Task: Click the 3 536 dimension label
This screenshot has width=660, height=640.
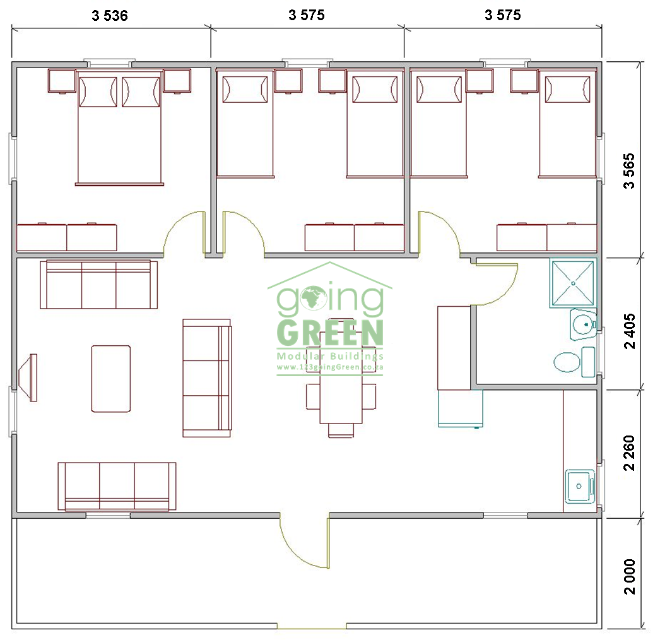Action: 109,16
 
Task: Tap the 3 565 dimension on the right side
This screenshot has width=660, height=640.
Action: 629,171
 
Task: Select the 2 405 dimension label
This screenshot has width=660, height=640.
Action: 629,331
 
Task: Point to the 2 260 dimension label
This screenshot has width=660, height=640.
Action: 629,453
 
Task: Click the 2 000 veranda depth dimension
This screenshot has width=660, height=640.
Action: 629,576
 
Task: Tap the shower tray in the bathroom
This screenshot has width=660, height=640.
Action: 573,283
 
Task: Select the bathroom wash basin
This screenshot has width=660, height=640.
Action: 584,324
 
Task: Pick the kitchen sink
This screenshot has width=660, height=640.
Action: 580,487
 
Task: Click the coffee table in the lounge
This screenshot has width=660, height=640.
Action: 110,379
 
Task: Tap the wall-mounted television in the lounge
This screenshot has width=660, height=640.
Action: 28,377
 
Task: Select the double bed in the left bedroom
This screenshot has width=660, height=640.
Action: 119,128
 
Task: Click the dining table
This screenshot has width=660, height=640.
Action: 341,377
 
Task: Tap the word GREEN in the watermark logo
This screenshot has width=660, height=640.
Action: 330,333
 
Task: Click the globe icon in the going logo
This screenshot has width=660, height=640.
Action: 314,298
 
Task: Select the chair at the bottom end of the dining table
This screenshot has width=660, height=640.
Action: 341,430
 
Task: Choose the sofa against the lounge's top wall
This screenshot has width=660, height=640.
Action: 99,285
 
